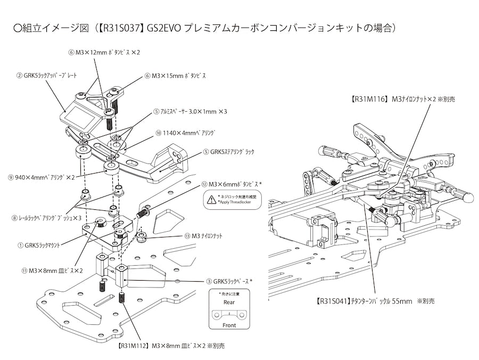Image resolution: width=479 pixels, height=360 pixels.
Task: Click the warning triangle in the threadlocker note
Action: pos(212,200)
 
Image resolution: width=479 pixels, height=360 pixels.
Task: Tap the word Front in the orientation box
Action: pos(229,325)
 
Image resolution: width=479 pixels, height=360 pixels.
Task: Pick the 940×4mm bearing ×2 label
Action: pos(44,176)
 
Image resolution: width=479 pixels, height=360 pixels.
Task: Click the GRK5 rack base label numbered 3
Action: pos(229,281)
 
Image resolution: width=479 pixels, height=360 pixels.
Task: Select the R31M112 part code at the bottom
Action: pos(132,346)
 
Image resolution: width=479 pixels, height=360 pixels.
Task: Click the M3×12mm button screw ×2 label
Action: pos(104,52)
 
